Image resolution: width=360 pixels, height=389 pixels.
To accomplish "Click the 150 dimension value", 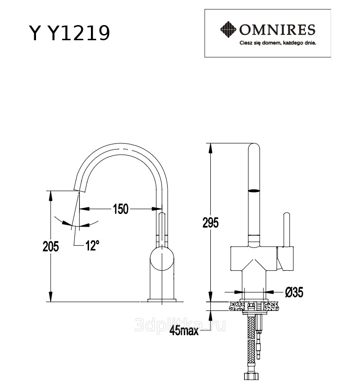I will click(x=120, y=209).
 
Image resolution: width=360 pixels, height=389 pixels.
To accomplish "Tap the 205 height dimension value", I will click(x=50, y=246).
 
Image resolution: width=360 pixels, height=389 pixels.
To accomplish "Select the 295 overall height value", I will click(x=211, y=222).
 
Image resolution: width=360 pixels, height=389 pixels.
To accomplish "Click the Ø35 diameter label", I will click(x=294, y=292).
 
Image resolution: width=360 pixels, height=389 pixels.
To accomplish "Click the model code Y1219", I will click(x=79, y=33).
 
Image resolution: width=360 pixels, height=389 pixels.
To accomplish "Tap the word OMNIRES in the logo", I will click(x=277, y=31).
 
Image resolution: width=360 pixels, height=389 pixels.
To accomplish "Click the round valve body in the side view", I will click(x=162, y=259).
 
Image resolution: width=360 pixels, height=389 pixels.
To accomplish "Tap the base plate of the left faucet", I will click(x=162, y=300).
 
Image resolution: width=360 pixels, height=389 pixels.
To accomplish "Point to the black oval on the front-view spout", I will click(x=254, y=191).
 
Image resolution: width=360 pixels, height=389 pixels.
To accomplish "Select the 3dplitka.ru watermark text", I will click(x=180, y=324).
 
